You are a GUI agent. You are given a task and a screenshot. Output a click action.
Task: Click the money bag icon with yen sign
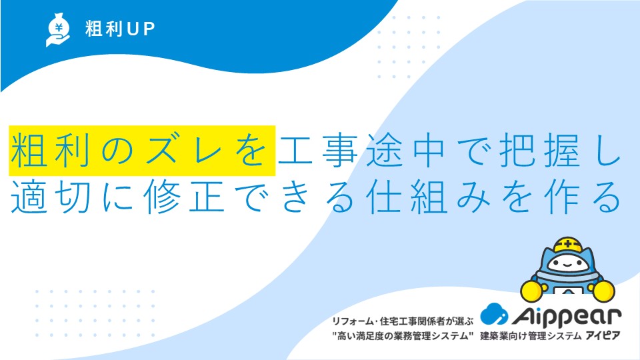[x=58, y=29]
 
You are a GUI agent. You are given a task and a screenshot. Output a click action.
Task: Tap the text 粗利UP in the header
[x=120, y=29]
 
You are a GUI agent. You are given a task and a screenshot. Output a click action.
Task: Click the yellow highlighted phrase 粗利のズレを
[x=142, y=151]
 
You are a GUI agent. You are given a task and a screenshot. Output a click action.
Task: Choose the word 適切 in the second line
[x=51, y=196]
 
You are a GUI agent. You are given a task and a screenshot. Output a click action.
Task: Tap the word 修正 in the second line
[x=185, y=196]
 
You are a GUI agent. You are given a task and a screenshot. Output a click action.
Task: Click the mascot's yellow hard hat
[x=568, y=245]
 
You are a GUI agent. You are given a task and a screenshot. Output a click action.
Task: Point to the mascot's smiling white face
[x=568, y=264]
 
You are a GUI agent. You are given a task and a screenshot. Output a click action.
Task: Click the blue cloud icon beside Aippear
[x=494, y=314]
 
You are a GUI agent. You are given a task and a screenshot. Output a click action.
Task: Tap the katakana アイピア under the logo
[x=603, y=336]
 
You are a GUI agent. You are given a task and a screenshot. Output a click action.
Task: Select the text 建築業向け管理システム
[x=531, y=336]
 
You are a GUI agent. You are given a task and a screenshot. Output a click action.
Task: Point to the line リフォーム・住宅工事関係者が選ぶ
[x=403, y=321]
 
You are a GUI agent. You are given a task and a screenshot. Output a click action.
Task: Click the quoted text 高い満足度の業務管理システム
[x=403, y=336]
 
